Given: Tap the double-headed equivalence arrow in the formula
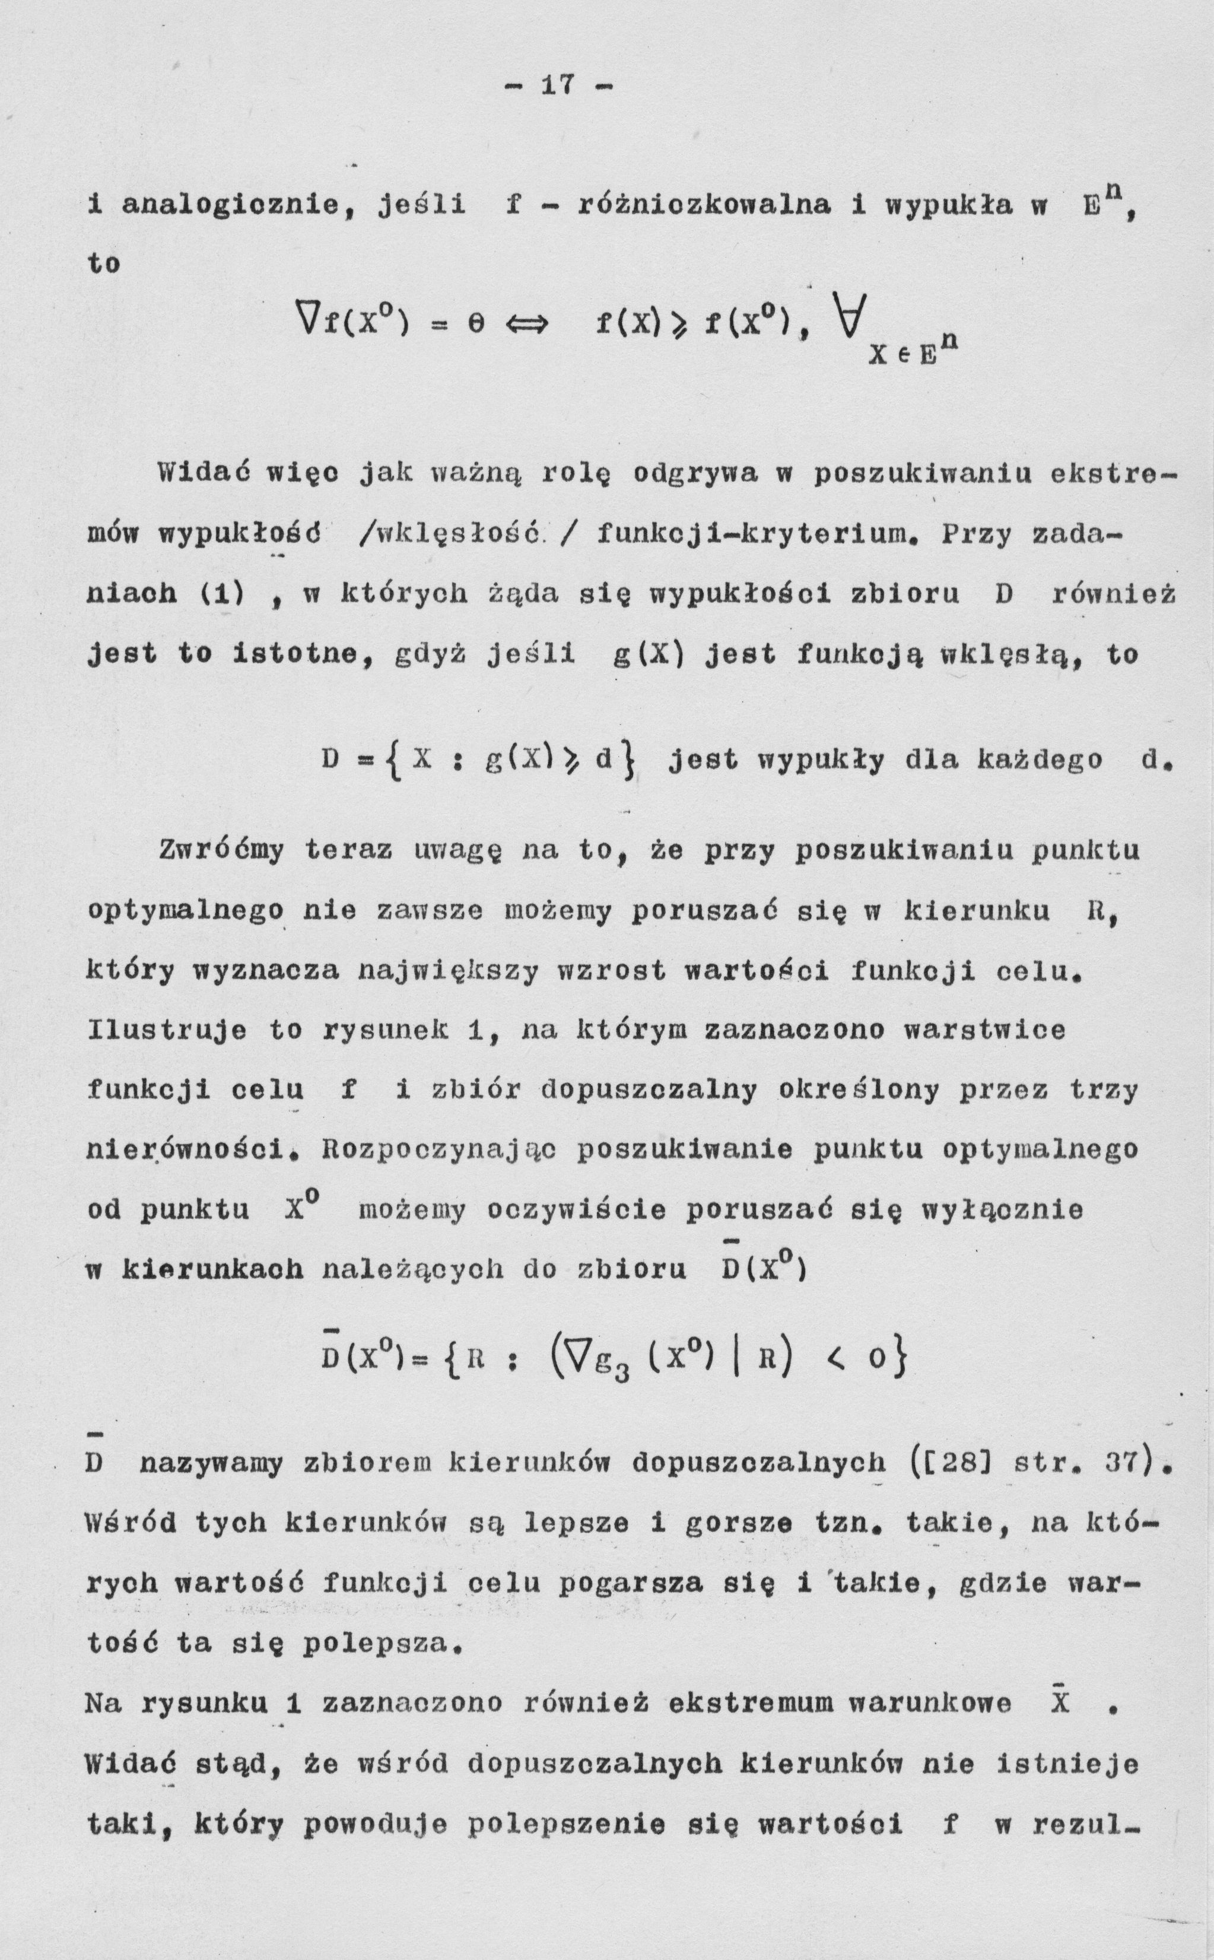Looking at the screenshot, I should click(x=525, y=325).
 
